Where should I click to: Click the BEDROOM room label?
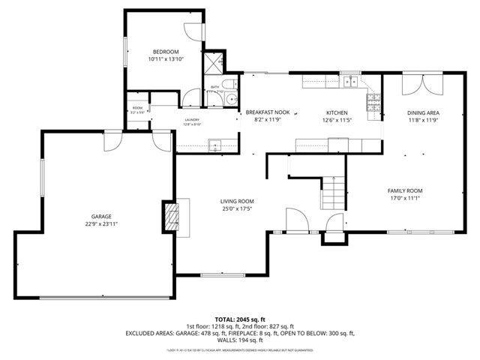tap(165, 50)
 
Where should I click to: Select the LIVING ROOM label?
tap(236, 201)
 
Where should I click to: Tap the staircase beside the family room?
tap(334, 194)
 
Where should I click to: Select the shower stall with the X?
tap(215, 62)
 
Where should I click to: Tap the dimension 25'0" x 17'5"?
tap(236, 209)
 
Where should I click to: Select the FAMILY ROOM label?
tap(405, 190)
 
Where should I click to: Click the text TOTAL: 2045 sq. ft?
tap(240, 319)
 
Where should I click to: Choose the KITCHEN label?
tap(337, 112)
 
